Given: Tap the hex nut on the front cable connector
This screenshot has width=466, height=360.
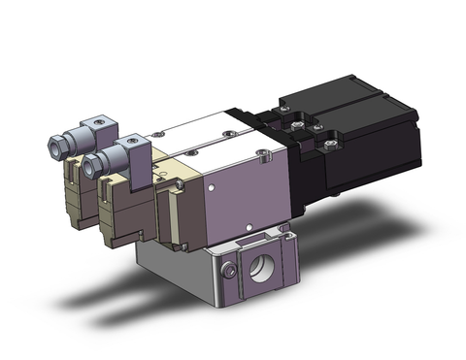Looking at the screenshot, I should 93,166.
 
